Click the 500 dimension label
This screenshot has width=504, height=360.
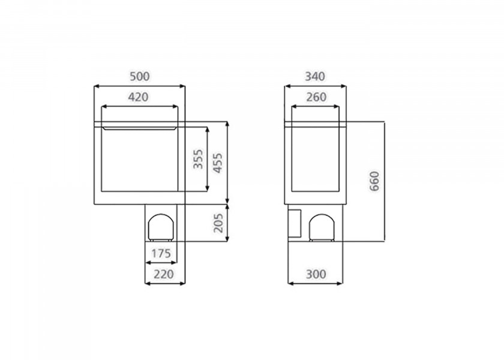pos(139,77)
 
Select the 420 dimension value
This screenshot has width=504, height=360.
pos(138,97)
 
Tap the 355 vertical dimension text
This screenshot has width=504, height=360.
pos(198,159)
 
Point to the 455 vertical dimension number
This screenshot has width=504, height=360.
pos(218,163)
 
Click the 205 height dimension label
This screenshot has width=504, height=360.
pos(218,223)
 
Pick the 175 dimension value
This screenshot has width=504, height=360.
pos(161,254)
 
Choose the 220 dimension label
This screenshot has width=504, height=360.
pos(163,274)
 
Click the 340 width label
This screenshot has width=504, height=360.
pos(315,77)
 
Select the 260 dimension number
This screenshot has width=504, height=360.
pos(316,97)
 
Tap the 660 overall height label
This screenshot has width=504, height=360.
pos(374,181)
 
